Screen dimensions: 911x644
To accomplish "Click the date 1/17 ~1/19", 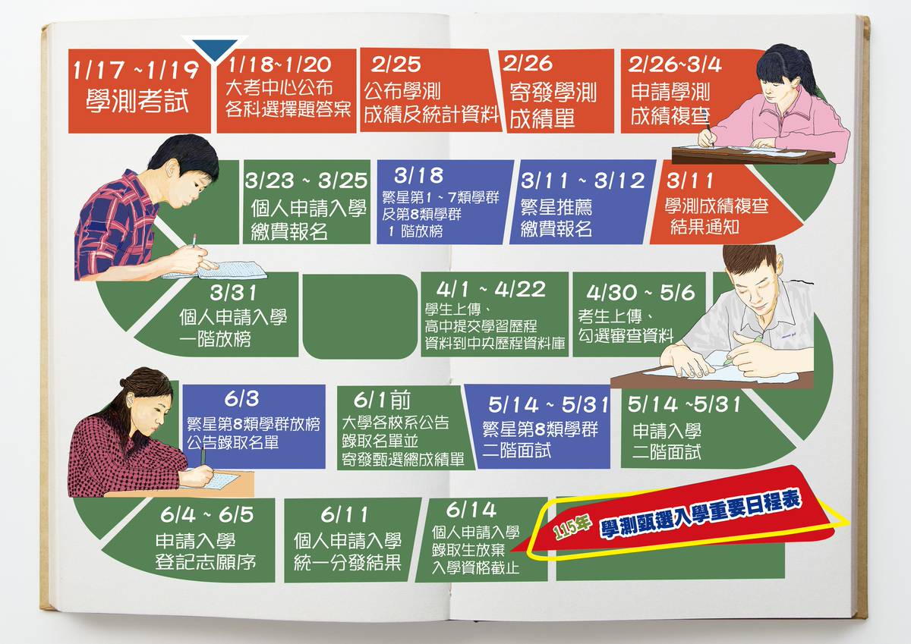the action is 137,72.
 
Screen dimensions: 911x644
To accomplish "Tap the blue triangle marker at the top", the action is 216,48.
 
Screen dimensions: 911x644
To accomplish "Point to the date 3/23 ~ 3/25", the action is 307,182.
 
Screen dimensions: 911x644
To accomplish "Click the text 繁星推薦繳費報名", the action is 556,218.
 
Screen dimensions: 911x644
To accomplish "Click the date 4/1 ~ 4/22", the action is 491,290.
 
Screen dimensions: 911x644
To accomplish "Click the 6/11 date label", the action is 343,514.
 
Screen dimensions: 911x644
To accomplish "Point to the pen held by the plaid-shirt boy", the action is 194,242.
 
